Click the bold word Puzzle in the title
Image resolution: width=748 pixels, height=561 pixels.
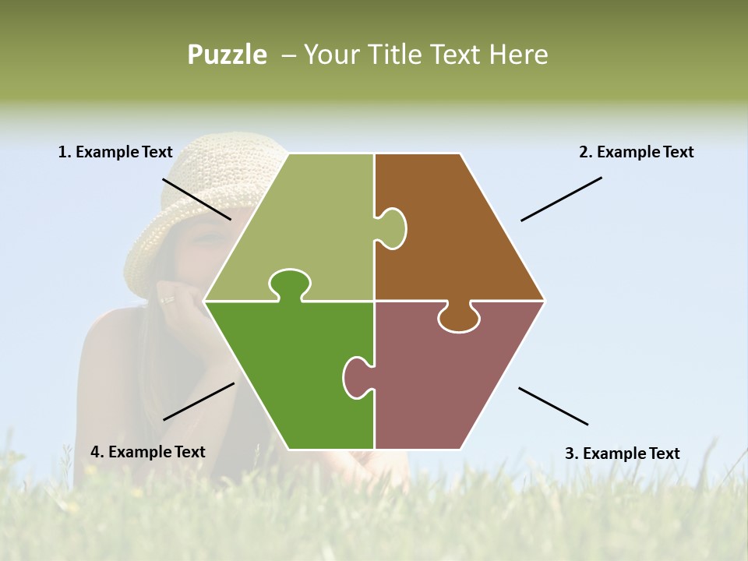[227, 55]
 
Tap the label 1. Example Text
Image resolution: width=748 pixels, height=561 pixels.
[115, 152]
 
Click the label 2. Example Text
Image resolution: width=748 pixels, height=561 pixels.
[636, 152]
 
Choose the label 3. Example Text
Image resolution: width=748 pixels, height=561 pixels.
[622, 453]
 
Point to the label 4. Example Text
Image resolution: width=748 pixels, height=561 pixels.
[148, 452]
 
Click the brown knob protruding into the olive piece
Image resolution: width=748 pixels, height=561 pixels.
[392, 228]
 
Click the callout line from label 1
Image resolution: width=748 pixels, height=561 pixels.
[196, 199]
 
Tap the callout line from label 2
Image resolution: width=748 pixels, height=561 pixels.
[561, 199]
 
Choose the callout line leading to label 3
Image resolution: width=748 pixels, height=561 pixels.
[553, 406]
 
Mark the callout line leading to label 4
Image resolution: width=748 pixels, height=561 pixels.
[199, 401]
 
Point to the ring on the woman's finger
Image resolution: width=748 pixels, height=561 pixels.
[168, 299]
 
